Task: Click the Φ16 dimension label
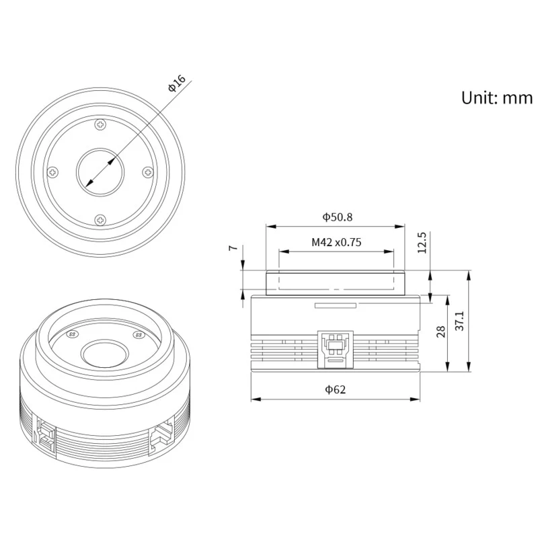click(x=177, y=83)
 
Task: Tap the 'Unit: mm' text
click(x=497, y=98)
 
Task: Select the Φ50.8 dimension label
click(x=338, y=217)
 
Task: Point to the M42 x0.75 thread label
click(x=336, y=242)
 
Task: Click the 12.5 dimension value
click(x=422, y=243)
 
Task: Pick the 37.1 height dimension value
click(x=459, y=321)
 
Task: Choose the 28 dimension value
click(x=440, y=332)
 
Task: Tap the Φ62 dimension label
click(x=335, y=389)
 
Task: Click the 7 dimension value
click(x=233, y=247)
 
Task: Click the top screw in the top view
click(x=100, y=124)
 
